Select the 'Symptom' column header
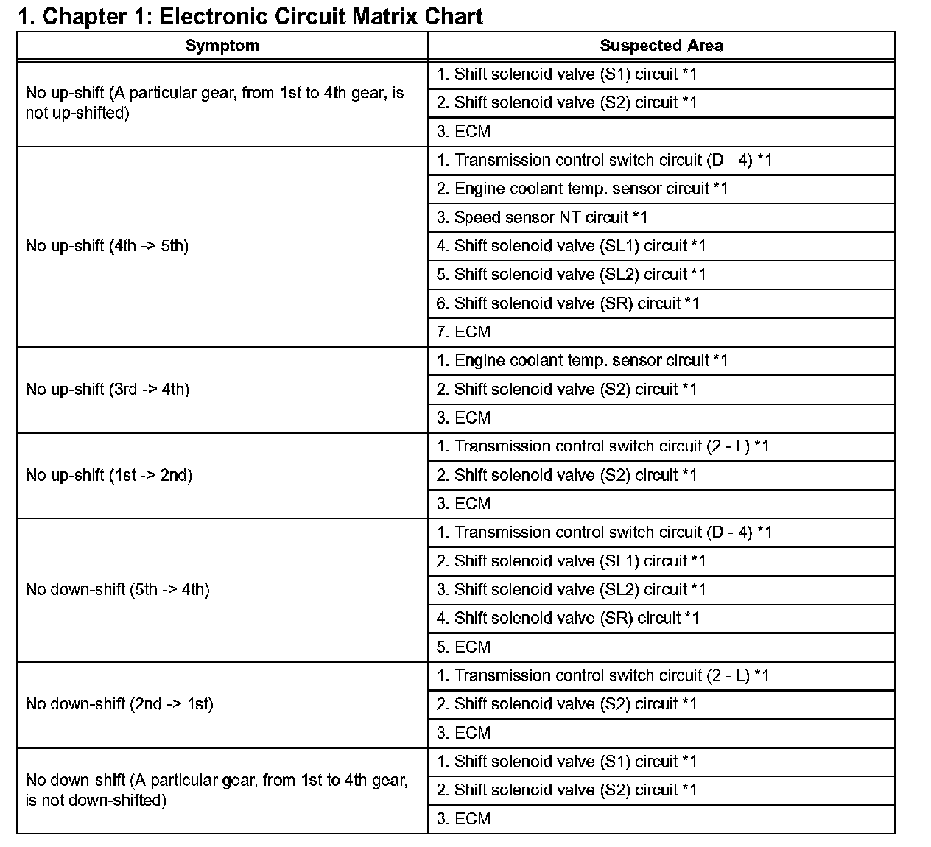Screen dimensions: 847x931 [x=222, y=46]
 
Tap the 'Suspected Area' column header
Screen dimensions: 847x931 [x=661, y=46]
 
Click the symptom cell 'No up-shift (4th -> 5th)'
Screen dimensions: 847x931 [x=107, y=246]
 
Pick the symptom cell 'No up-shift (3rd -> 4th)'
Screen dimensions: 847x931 [x=108, y=389]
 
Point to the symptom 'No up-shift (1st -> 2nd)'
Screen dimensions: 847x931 [x=109, y=475]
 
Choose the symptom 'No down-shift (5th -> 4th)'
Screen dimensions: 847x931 [x=118, y=589]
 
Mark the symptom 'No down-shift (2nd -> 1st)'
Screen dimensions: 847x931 [x=119, y=704]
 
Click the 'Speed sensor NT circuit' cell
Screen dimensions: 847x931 [x=541, y=217]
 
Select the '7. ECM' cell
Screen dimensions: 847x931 [x=463, y=332]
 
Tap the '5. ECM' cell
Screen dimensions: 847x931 [x=463, y=647]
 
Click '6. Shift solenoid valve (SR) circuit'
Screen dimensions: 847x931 [x=567, y=303]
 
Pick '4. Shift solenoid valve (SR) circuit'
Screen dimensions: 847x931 [x=567, y=619]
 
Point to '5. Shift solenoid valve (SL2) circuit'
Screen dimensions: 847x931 [x=571, y=275]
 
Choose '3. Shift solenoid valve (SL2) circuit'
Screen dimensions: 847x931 [x=571, y=590]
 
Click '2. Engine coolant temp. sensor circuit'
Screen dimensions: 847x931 [x=582, y=189]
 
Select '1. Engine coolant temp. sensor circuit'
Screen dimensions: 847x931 [x=582, y=361]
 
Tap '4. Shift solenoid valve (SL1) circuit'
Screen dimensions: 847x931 [x=571, y=246]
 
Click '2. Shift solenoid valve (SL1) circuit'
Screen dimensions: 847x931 [x=571, y=561]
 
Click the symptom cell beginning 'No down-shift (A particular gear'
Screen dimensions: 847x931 [x=217, y=790]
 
